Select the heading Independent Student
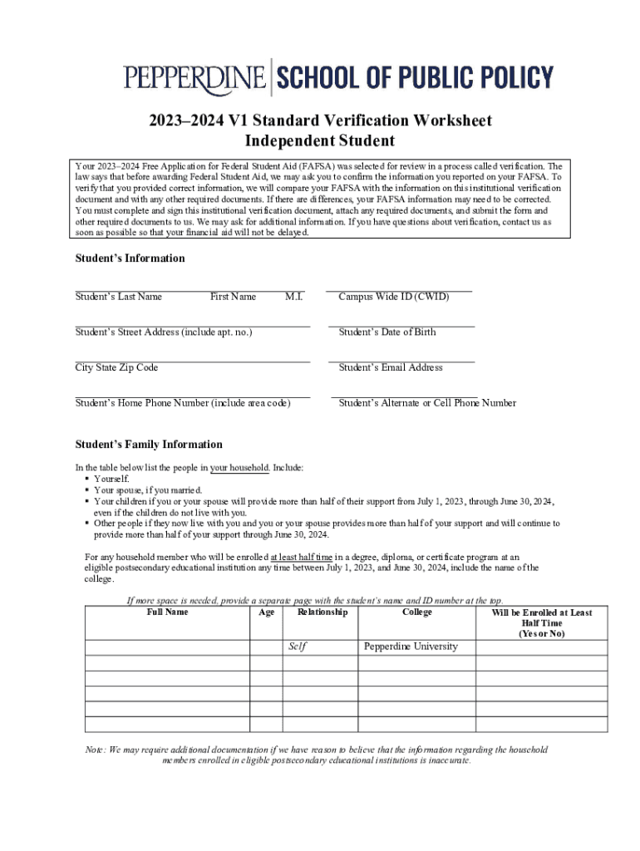coord(320,141)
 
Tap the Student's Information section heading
coord(130,258)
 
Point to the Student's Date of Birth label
coord(386,332)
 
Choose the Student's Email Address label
coord(390,367)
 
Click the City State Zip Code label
coord(116,367)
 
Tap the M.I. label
coord(293,297)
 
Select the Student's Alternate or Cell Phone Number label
coord(427,403)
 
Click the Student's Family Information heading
coord(149,445)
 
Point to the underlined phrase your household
coord(239,468)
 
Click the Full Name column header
coord(167,612)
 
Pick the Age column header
coord(266,612)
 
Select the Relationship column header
coord(322,612)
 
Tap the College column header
coord(416,612)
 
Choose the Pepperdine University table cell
coord(411,647)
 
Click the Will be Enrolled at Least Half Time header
coord(542,622)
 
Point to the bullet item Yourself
coord(111,480)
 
